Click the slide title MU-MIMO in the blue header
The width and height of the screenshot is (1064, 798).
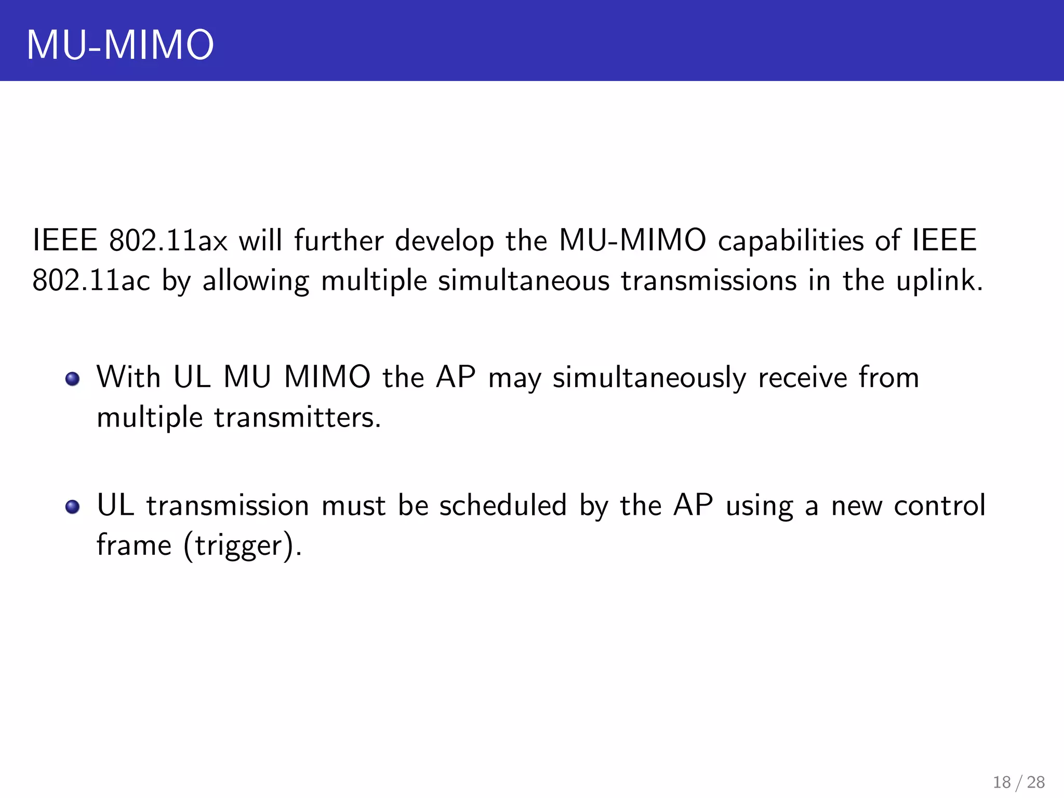pyautogui.click(x=120, y=45)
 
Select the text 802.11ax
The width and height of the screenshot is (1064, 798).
pyautogui.click(x=168, y=241)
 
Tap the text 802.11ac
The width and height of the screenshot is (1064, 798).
pyautogui.click(x=91, y=281)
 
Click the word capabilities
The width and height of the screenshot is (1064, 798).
pyautogui.click(x=790, y=241)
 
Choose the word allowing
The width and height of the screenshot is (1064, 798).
pyautogui.click(x=256, y=282)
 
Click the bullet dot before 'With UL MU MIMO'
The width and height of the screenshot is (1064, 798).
pyautogui.click(x=73, y=379)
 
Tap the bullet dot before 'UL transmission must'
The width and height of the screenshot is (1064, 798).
pyautogui.click(x=73, y=507)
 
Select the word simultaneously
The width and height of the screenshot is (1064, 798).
pyautogui.click(x=649, y=378)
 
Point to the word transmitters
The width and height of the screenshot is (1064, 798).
pyautogui.click(x=297, y=417)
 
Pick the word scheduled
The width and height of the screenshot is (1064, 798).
pyautogui.click(x=502, y=506)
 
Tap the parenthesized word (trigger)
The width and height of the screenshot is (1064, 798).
pyautogui.click(x=242, y=546)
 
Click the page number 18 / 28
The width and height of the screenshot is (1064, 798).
pyautogui.click(x=1018, y=782)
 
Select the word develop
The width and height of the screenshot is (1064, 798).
pyautogui.click(x=444, y=241)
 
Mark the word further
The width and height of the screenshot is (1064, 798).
pyautogui.click(x=339, y=241)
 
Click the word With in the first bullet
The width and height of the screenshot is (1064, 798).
pyautogui.click(x=128, y=377)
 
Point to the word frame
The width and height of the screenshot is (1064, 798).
pyautogui.click(x=134, y=545)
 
